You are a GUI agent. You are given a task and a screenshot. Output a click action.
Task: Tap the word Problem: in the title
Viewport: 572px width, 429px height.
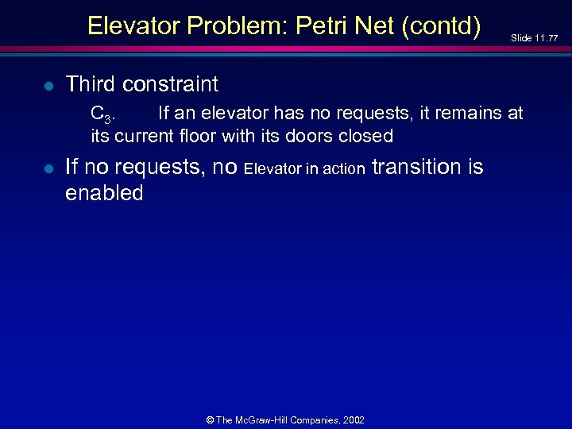(234, 26)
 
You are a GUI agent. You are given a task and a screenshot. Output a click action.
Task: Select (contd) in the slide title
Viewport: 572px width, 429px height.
(441, 26)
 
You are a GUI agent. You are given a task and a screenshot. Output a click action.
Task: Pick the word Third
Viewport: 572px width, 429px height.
(91, 83)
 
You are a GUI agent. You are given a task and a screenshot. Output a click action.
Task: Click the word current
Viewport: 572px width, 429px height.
(146, 136)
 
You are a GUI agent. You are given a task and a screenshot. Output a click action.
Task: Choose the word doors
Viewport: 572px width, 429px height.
(306, 136)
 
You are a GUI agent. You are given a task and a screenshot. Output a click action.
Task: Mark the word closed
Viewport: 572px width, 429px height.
(365, 136)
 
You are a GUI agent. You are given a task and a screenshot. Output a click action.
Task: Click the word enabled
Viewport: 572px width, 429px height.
(104, 193)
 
